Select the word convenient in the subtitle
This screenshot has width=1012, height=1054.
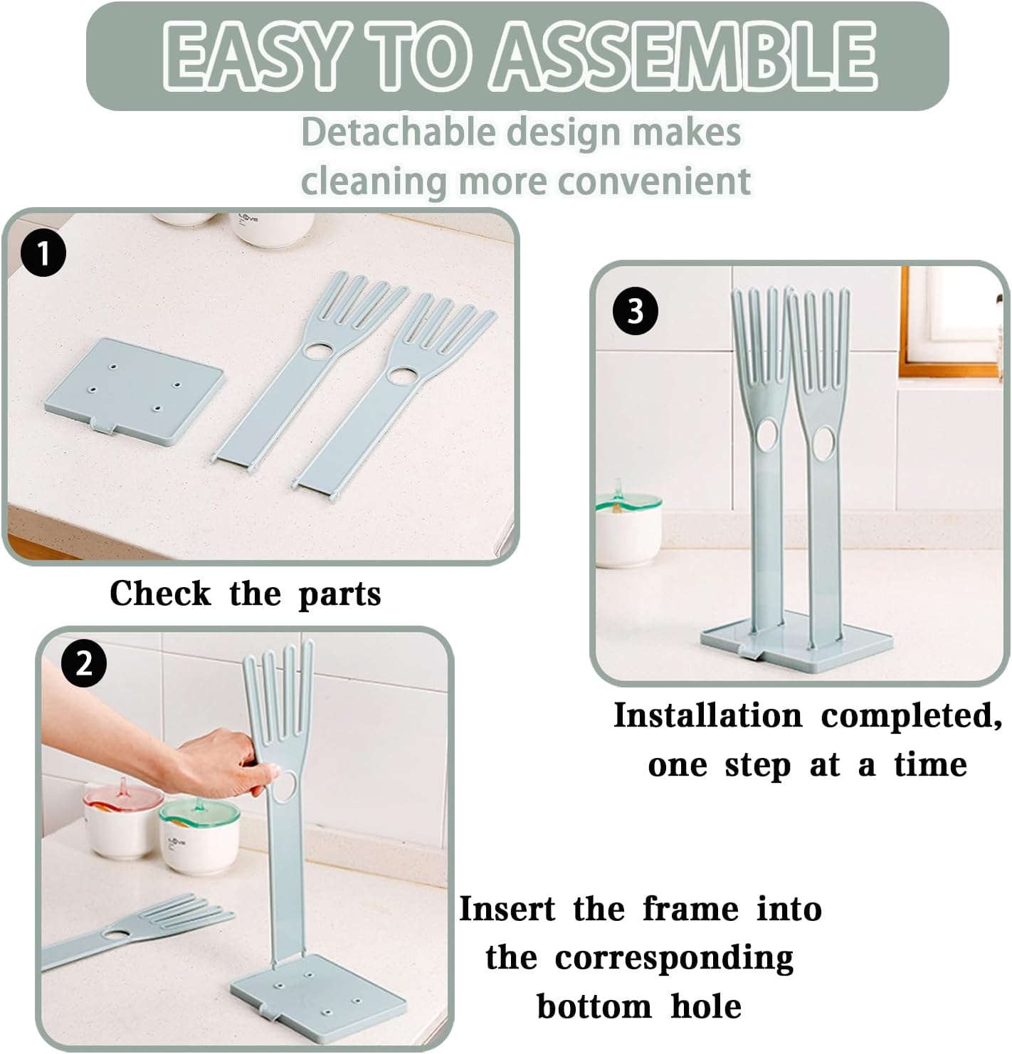[655, 181]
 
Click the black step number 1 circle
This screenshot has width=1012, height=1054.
[43, 254]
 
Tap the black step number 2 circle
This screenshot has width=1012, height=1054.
[84, 664]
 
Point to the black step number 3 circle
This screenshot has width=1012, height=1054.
[635, 312]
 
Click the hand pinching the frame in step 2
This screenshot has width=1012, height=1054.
[214, 766]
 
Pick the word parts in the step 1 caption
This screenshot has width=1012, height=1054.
[339, 594]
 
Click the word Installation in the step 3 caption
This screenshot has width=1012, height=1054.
[707, 716]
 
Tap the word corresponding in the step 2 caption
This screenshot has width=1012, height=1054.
[673, 958]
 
